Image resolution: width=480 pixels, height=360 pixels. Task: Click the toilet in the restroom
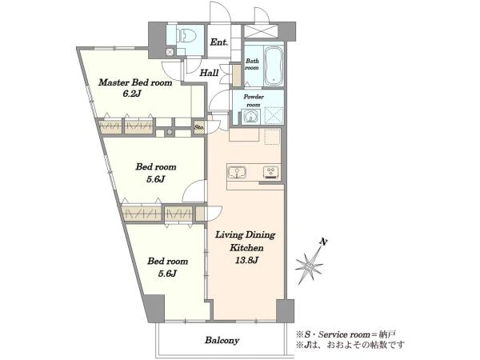coord(187,35)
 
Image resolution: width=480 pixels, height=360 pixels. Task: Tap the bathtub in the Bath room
coord(274,66)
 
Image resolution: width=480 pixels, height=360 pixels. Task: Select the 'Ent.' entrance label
coord(219,42)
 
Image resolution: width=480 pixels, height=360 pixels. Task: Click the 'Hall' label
coord(209,73)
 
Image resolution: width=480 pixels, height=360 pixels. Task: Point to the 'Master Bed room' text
coord(135,82)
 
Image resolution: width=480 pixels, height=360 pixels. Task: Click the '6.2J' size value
coord(131,94)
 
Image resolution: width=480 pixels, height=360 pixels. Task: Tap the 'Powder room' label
coord(254,101)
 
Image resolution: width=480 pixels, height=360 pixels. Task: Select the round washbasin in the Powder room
coord(250,117)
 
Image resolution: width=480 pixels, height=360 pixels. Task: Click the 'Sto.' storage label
coord(199,126)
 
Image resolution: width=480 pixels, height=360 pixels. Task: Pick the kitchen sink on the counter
coord(238,172)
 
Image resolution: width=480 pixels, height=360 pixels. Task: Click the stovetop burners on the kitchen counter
coord(271,172)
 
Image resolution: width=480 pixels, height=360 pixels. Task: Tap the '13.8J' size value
coord(246,260)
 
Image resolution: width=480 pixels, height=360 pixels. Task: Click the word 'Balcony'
coord(222,341)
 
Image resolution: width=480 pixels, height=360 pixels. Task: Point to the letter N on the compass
coord(323,242)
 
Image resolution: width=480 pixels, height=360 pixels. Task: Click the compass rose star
coord(310,266)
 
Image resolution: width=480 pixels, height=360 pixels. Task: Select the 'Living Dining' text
coord(246,234)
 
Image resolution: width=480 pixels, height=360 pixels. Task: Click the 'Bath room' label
coord(252,64)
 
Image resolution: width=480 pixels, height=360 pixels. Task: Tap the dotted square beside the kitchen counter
coord(272,136)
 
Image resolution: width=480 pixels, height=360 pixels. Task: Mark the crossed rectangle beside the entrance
coord(261,31)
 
